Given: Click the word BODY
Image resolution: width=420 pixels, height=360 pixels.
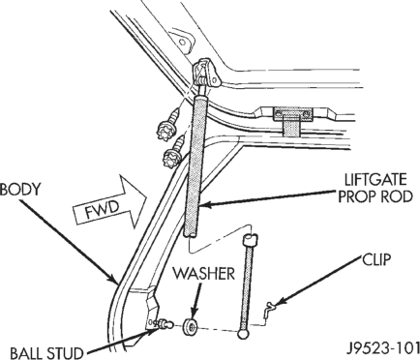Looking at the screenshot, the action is [20, 190].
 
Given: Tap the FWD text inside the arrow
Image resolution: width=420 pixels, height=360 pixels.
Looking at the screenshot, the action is [103, 210].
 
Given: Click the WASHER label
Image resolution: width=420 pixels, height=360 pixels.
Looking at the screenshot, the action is [203, 274].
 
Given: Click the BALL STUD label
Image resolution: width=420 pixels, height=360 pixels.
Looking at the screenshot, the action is [45, 353].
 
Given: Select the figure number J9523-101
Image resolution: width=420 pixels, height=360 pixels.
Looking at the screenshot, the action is [382, 349].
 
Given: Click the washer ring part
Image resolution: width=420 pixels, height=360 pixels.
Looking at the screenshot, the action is [191, 327].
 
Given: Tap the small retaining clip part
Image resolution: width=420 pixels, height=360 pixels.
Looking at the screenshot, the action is [269, 311].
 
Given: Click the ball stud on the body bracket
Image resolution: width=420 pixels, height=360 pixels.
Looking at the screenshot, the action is [165, 323].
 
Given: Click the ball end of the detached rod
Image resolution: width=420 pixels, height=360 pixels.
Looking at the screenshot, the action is [243, 334].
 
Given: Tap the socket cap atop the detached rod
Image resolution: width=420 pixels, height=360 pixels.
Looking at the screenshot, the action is [251, 240].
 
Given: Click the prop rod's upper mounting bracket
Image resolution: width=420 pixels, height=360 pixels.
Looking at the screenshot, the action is [206, 74].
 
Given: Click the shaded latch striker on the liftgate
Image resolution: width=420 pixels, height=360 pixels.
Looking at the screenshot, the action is [292, 121].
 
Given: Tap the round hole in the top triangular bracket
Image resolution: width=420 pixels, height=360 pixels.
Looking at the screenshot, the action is [183, 43].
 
